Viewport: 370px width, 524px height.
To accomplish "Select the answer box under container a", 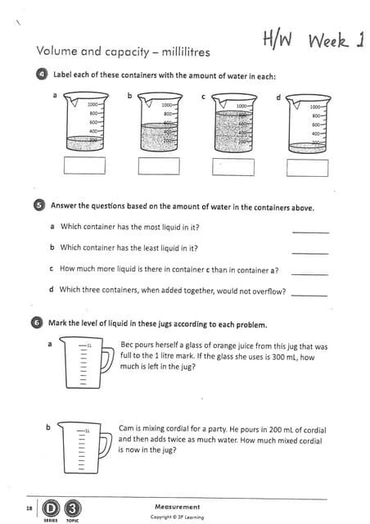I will pos(85,165).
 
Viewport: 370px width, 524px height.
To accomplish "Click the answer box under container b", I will pos(159,165).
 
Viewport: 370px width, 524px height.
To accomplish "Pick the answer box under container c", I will pos(232,166).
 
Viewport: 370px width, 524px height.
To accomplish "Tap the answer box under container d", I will pos(308,166).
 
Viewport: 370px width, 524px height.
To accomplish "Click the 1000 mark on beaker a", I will pos(92,105).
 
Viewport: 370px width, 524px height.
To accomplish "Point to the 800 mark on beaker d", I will pos(315,115).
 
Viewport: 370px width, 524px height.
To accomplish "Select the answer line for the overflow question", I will pos(309,294).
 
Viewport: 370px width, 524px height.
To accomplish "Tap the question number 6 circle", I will pos(37,323).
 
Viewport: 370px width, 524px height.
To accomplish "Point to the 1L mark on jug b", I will pos(86,429).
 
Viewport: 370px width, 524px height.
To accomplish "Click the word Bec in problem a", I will pos(127,346).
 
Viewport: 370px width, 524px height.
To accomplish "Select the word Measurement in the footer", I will pos(177,507).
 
